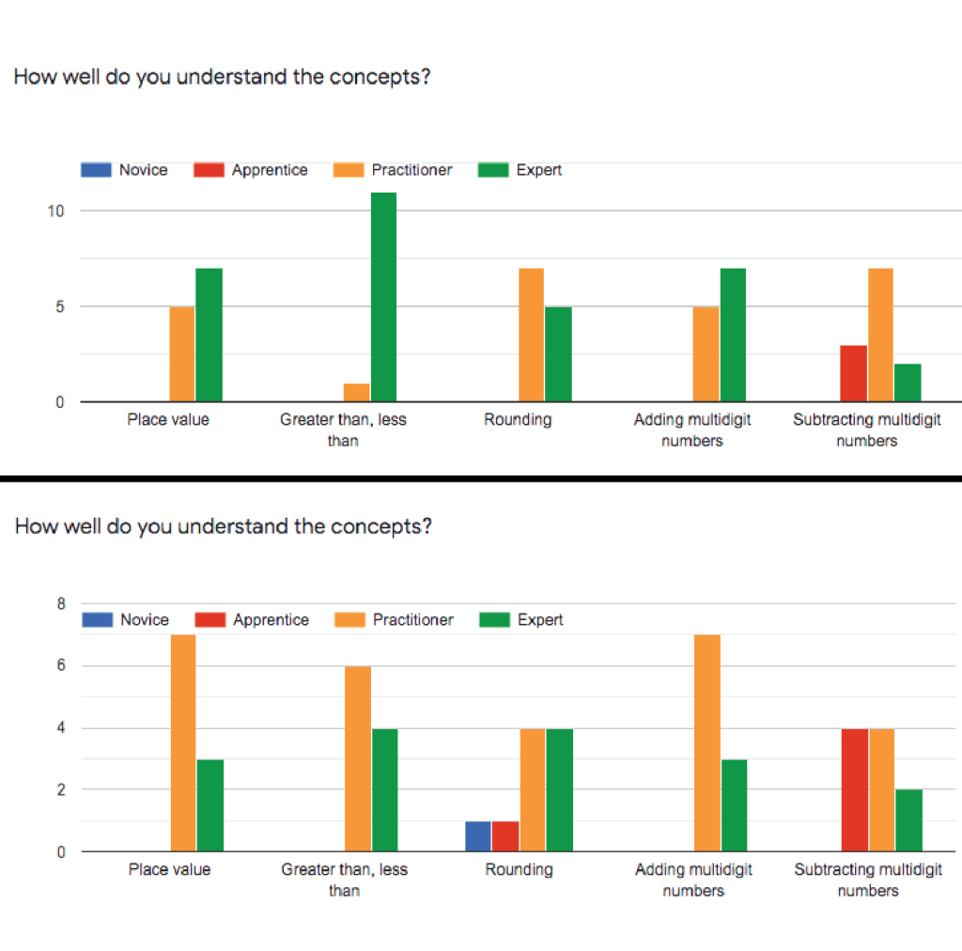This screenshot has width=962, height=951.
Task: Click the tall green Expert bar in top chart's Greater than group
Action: (x=383, y=297)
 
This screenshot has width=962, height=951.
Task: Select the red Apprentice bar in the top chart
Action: (x=854, y=374)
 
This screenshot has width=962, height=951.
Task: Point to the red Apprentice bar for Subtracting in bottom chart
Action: (x=855, y=790)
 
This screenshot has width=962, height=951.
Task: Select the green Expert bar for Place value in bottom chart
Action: (x=210, y=805)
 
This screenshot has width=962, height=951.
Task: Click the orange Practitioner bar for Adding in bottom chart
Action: (x=707, y=743)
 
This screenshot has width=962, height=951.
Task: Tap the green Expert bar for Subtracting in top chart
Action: (x=908, y=383)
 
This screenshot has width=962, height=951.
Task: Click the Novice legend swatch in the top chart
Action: (x=96, y=170)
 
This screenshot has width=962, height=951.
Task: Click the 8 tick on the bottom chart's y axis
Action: (x=60, y=604)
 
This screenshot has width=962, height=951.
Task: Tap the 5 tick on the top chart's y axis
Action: (x=59, y=306)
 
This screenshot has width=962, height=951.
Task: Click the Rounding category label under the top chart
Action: (x=518, y=420)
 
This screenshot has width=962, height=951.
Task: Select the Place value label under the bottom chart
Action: (x=169, y=870)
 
